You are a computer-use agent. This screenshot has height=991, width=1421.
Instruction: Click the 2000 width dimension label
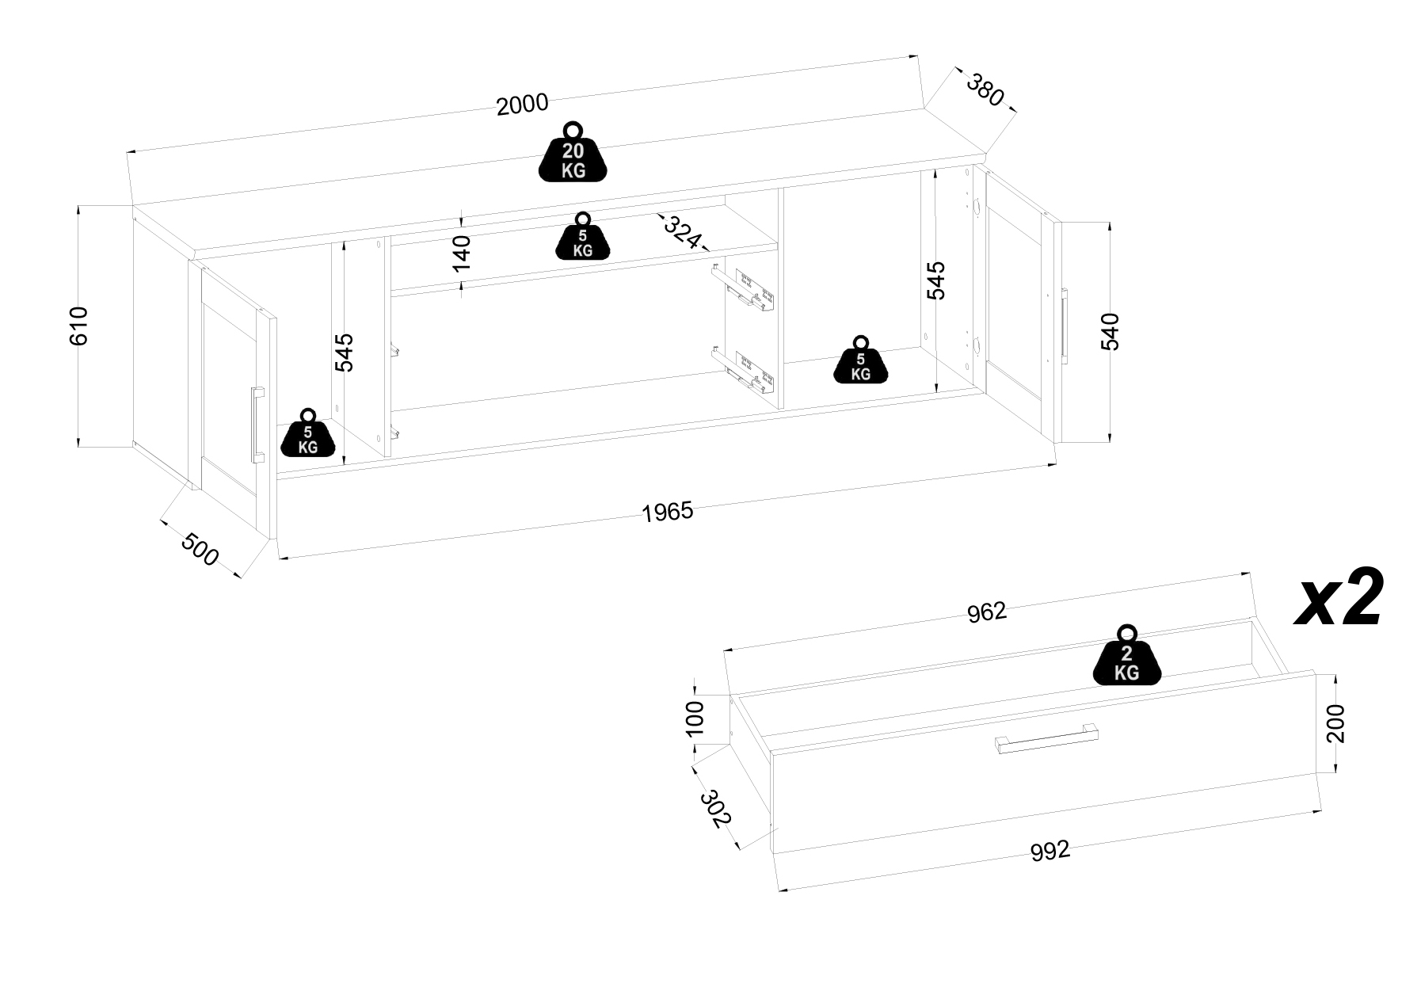(522, 105)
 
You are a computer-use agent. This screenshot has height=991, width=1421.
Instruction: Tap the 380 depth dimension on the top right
(985, 90)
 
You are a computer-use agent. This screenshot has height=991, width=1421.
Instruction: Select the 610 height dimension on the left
(79, 325)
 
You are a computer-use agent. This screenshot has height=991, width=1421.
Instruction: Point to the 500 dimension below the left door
(200, 550)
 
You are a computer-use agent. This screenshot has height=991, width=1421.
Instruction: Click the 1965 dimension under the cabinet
(667, 513)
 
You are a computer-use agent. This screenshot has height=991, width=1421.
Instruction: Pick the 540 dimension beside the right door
(1111, 331)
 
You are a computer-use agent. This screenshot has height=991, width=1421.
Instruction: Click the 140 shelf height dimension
(461, 253)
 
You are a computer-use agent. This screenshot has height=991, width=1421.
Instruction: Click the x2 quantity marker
(1339, 598)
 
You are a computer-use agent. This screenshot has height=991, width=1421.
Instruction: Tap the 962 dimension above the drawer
(986, 612)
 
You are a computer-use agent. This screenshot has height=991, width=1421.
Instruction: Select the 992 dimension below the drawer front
(1050, 851)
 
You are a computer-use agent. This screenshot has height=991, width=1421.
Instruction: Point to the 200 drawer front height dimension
(1335, 722)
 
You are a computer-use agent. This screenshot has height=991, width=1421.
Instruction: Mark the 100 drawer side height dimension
(695, 718)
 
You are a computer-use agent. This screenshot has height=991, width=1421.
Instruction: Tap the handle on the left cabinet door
(257, 424)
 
